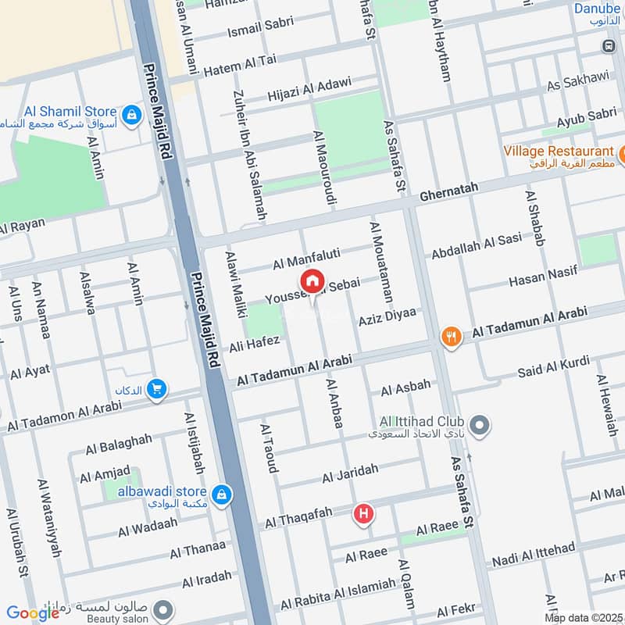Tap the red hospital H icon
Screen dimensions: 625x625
363,513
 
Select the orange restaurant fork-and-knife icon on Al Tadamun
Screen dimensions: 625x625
450,337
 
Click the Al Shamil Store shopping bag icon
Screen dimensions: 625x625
132,114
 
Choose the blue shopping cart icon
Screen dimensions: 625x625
156,387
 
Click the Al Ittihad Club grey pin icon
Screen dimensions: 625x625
481,426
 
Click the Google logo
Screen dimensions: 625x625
33,612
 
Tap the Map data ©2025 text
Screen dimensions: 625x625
582,617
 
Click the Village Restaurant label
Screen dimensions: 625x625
558,151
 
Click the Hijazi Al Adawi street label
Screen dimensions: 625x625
309,90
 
